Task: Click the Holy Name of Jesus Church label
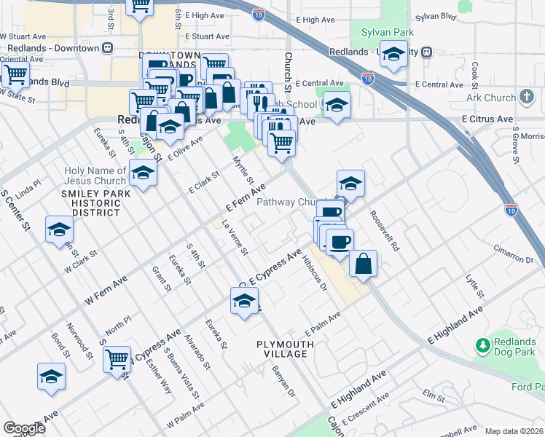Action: pyautogui.click(x=95, y=176)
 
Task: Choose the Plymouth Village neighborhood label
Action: pyautogui.click(x=282, y=348)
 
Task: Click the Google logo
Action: pyautogui.click(x=24, y=428)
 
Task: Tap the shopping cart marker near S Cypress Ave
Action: pyautogui.click(x=117, y=358)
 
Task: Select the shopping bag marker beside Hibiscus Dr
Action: pyautogui.click(x=363, y=264)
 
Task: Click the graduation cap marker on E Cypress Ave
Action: pyautogui.click(x=245, y=300)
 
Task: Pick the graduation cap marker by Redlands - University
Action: pyautogui.click(x=393, y=55)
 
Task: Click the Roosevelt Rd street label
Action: pyautogui.click(x=385, y=232)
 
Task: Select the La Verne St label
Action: pyautogui.click(x=235, y=237)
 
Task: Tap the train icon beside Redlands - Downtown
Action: pyautogui.click(x=108, y=48)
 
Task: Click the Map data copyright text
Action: pyautogui.click(x=514, y=431)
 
